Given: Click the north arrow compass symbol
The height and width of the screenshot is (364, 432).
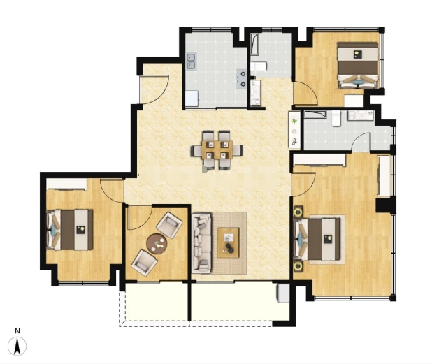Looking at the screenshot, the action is pos(17,346).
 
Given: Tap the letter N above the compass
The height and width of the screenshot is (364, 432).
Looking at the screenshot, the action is pos(17,331).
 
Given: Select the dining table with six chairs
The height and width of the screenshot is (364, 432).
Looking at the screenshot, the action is pos(217,150).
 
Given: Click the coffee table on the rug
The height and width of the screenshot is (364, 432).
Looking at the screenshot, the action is pos(228,242).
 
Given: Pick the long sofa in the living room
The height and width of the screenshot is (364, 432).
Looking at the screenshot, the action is pos(202,243).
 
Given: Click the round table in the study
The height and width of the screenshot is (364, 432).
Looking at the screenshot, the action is pos(157,243).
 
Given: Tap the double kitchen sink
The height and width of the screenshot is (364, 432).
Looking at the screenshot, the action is pos(192,61).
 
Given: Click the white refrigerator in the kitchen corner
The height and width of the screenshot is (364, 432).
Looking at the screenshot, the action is pos(192,99).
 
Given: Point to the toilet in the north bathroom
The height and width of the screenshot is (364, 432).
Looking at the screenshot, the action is pos(259,66).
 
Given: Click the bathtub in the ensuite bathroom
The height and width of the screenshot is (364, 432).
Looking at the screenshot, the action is pos(315,115).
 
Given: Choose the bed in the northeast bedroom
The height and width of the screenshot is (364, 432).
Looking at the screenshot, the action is pos(358,65).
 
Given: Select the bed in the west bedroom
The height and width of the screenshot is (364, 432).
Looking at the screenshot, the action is pos(70,230).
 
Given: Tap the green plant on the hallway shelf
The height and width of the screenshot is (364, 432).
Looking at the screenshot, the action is pos(295,121).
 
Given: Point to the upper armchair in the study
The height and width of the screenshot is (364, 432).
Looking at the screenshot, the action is pos(169,225).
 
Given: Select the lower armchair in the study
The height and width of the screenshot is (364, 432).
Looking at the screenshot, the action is pos(145,262).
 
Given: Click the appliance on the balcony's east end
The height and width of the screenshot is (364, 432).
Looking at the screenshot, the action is pos(283,293).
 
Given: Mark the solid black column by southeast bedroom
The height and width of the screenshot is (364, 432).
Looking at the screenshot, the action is pos(386,204).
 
